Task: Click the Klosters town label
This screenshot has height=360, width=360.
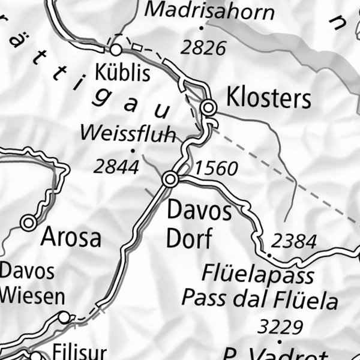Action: pyautogui.click(x=268, y=98)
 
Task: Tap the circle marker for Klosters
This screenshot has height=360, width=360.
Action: pyautogui.click(x=208, y=107)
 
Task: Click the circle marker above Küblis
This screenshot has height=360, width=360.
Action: pyautogui.click(x=116, y=49)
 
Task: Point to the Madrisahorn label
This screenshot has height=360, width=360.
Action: pyautogui.click(x=210, y=11)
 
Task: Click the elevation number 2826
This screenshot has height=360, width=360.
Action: pyautogui.click(x=203, y=48)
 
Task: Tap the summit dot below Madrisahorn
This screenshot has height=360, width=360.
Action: pyautogui.click(x=202, y=27)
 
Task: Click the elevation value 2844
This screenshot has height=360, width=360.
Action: pyautogui.click(x=116, y=167)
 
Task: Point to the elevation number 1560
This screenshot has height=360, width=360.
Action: pyautogui.click(x=217, y=169)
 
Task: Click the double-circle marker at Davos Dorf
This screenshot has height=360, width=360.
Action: pyautogui.click(x=170, y=179)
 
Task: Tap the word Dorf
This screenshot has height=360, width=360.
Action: pyautogui.click(x=189, y=239)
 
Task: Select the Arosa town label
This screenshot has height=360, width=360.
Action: pyautogui.click(x=71, y=238)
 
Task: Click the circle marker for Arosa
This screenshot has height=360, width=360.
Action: pyautogui.click(x=28, y=223)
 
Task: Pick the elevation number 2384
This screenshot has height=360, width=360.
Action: pyautogui.click(x=293, y=241)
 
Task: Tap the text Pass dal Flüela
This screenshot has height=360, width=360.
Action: pyautogui.click(x=260, y=298)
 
